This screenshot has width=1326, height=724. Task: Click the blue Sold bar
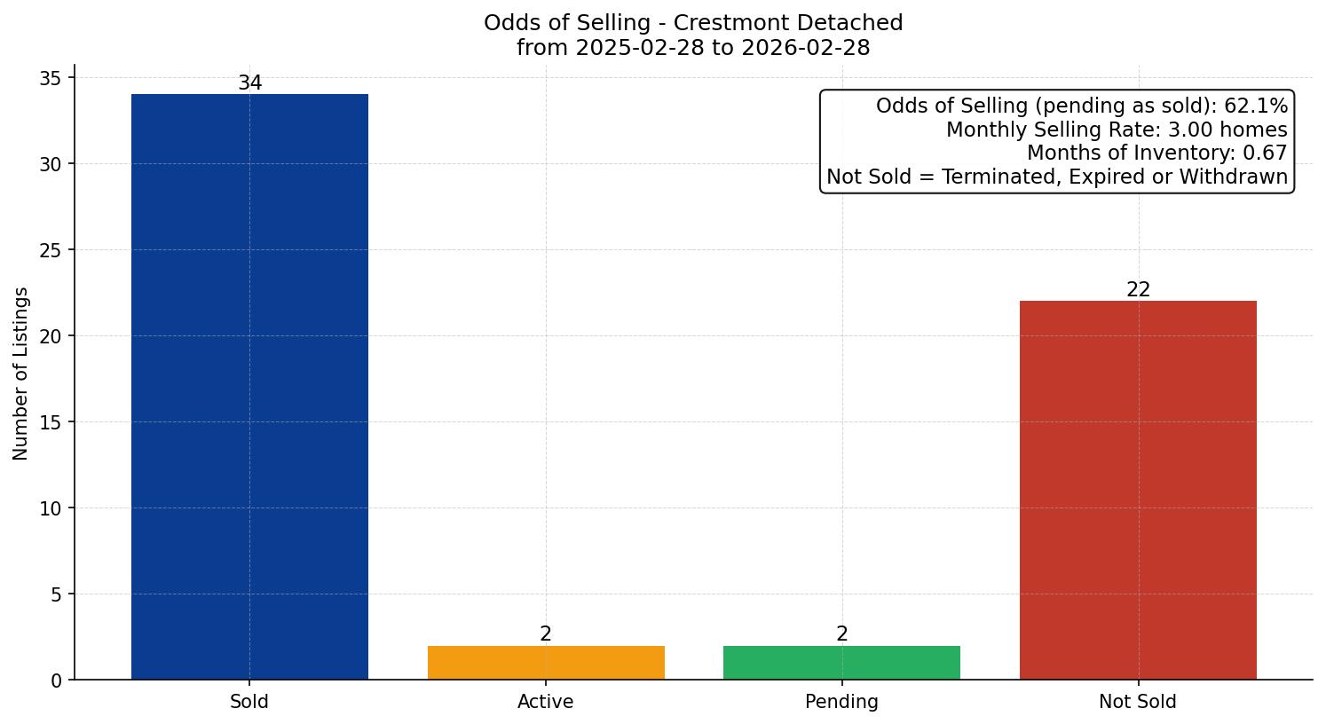pyautogui.click(x=249, y=386)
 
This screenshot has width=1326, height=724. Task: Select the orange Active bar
pyautogui.click(x=546, y=663)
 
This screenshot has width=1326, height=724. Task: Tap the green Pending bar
pyautogui.click(x=841, y=663)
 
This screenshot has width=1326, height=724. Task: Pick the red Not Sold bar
pyautogui.click(x=1138, y=490)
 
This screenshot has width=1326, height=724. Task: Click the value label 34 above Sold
pyautogui.click(x=249, y=83)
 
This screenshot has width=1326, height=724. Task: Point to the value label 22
pyautogui.click(x=1138, y=290)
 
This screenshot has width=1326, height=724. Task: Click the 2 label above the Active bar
pyautogui.click(x=546, y=634)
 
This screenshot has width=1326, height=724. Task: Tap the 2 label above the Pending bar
pyautogui.click(x=841, y=634)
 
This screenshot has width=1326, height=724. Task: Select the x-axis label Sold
pyautogui.click(x=249, y=702)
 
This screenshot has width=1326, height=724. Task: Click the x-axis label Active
pyautogui.click(x=546, y=702)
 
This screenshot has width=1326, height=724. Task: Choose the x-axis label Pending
pyautogui.click(x=841, y=702)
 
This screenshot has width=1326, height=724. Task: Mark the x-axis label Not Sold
pyautogui.click(x=1138, y=702)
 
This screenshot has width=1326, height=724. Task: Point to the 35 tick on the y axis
pyautogui.click(x=51, y=79)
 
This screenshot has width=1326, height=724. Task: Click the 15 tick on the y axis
pyautogui.click(x=51, y=422)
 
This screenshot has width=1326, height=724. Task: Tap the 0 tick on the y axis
pyautogui.click(x=57, y=681)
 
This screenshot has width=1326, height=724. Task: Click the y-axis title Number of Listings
pyautogui.click(x=21, y=374)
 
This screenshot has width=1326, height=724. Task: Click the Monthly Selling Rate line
pyautogui.click(x=1116, y=130)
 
